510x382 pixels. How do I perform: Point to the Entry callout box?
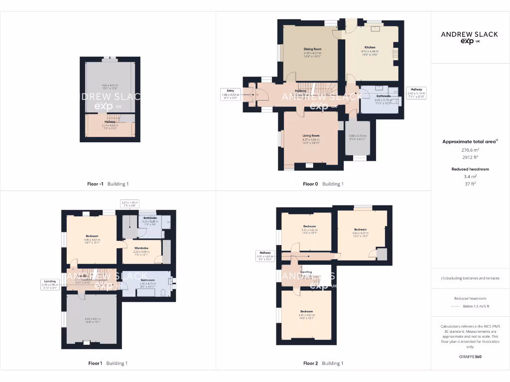tap(230, 94)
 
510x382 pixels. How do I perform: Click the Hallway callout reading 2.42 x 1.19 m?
tap(416, 93)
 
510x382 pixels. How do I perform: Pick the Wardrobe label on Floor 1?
tap(141, 249)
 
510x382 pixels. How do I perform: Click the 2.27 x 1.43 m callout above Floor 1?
tap(130, 203)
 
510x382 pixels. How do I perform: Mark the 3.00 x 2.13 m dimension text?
tap(357, 136)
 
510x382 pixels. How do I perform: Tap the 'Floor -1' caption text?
tap(95, 184)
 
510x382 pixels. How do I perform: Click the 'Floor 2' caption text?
tap(310, 363)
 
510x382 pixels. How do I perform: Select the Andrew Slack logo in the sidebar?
tap(470, 37)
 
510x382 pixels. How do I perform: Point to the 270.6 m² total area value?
tap(470, 149)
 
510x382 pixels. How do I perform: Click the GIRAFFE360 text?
tap(470, 357)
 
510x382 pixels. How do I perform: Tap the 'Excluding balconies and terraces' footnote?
tap(470, 278)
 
